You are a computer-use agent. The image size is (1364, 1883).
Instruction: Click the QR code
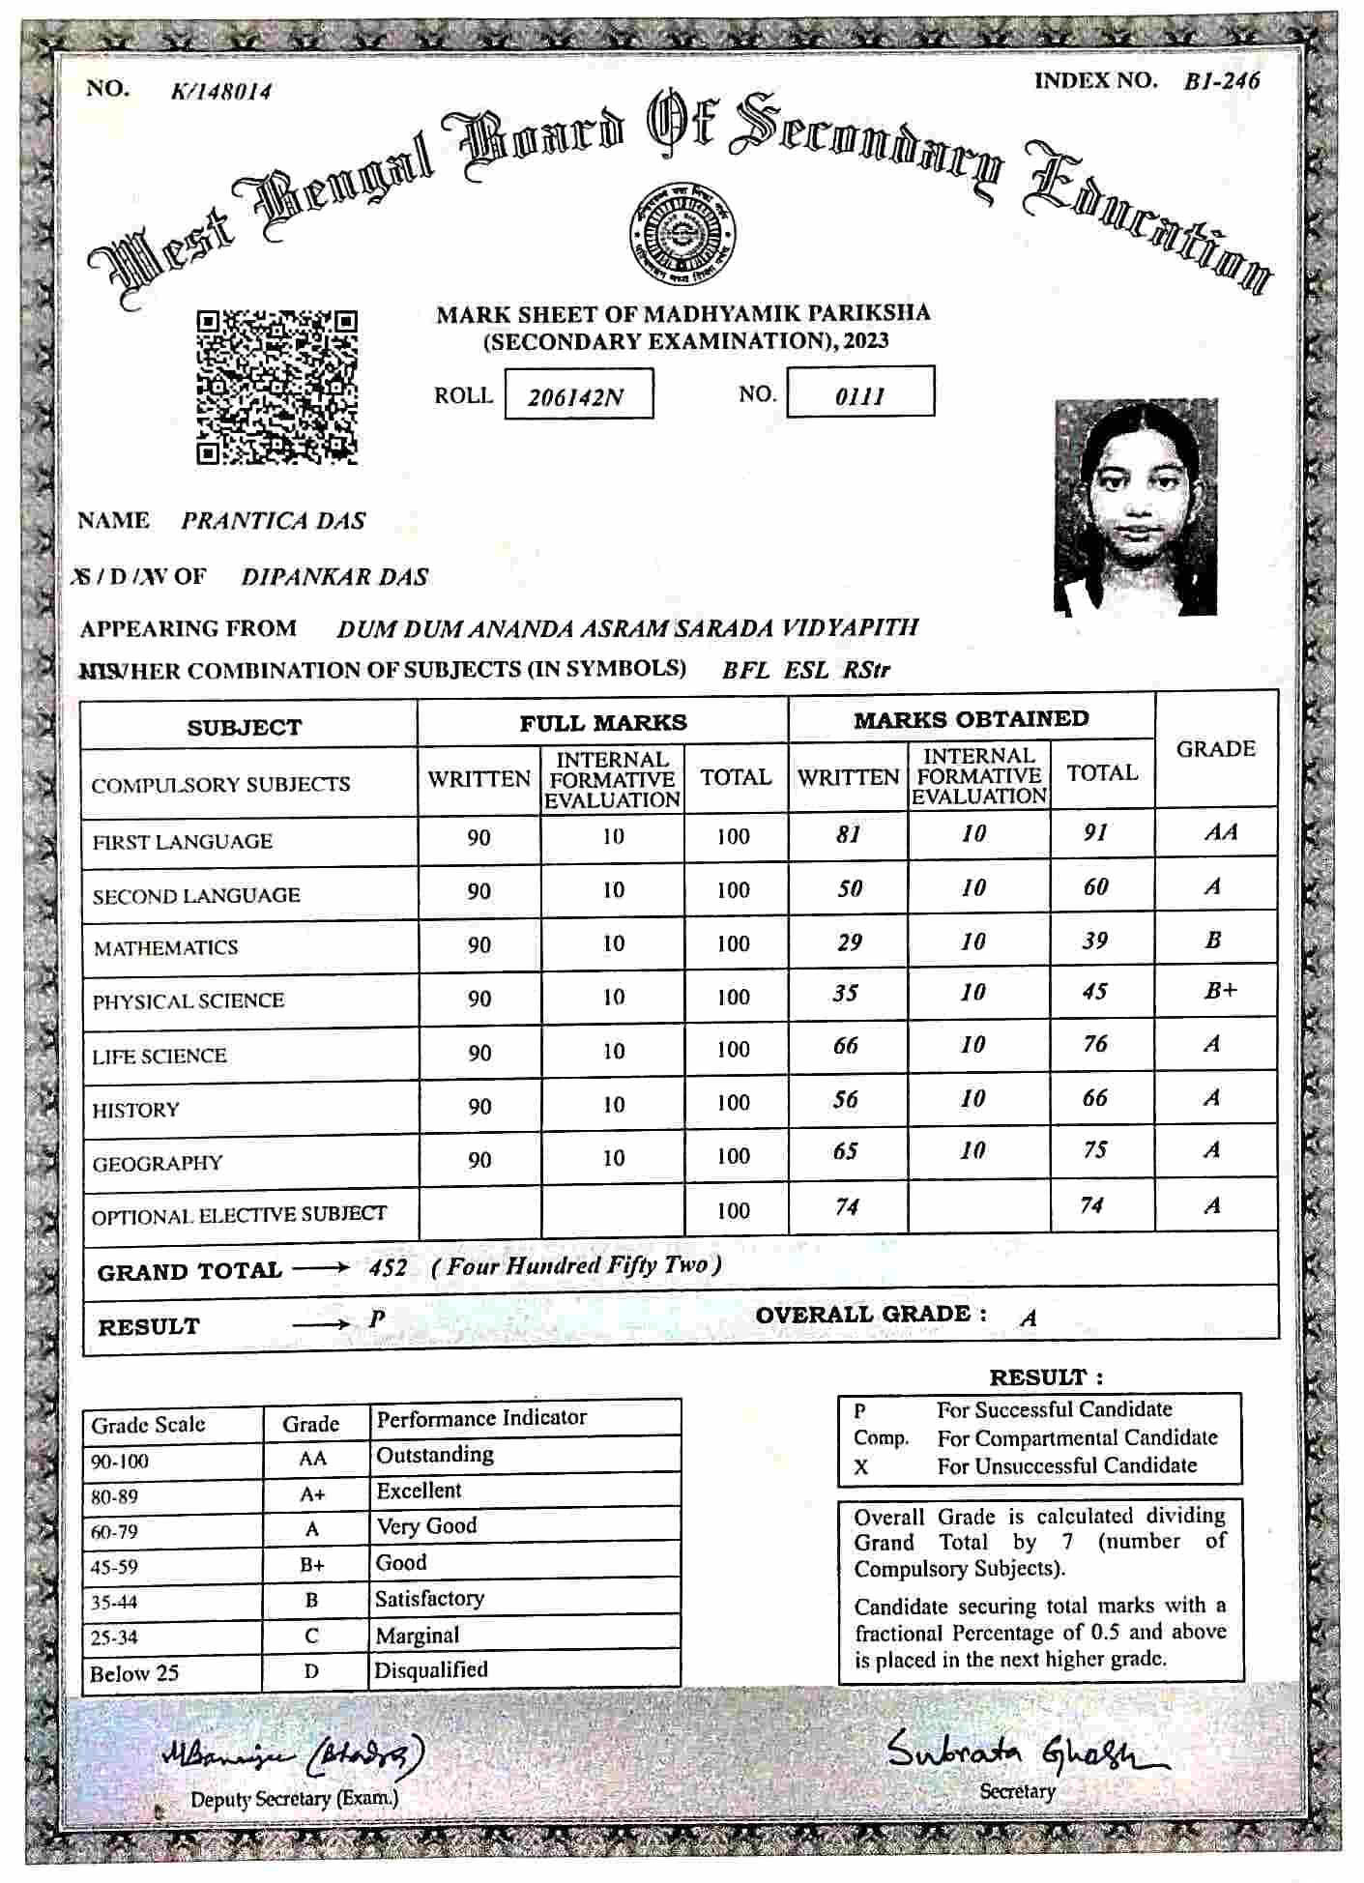(x=277, y=387)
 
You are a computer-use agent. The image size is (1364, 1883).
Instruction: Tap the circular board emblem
(x=682, y=235)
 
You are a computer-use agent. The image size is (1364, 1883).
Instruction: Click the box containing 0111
(x=860, y=392)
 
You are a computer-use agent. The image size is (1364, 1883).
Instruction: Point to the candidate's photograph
(x=1135, y=507)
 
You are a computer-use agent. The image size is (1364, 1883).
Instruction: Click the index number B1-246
(x=1222, y=81)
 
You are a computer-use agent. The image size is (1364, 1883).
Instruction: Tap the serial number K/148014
(x=221, y=92)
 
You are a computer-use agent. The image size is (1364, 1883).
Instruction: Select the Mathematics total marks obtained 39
(x=1094, y=941)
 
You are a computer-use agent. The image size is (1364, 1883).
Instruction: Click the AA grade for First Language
(x=1220, y=832)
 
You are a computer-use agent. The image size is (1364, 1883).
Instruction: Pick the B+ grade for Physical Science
(x=1220, y=992)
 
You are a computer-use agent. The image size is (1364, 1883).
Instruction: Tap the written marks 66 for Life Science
(x=846, y=1046)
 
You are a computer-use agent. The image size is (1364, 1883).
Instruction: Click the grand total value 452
(x=388, y=1267)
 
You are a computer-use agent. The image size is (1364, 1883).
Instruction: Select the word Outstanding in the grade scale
(x=434, y=1455)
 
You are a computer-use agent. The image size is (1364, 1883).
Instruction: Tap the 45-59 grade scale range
(x=114, y=1567)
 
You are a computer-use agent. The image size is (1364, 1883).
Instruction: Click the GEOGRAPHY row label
(x=158, y=1163)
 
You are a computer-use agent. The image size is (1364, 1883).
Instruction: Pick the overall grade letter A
(x=1029, y=1318)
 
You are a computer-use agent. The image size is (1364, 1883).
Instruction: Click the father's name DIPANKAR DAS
(x=334, y=577)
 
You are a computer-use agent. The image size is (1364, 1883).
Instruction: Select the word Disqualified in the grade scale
(x=431, y=1669)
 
